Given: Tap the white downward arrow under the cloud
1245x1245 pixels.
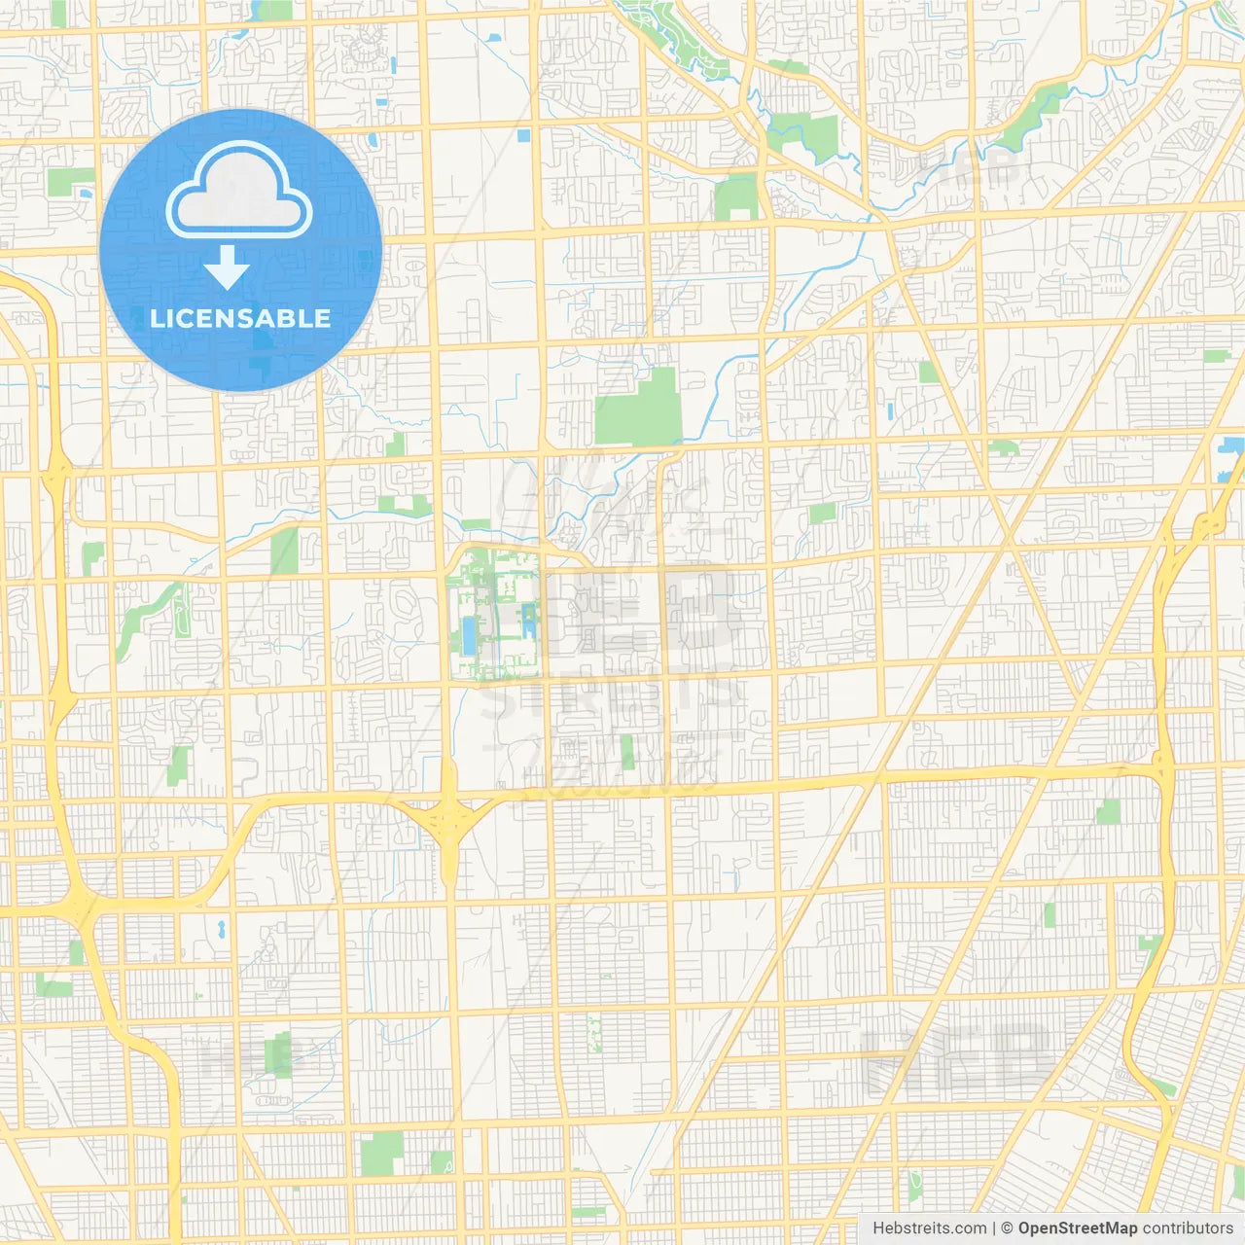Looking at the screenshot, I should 227,267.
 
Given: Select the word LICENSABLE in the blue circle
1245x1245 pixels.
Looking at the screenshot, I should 240,318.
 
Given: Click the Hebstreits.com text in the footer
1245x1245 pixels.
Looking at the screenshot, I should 929,1228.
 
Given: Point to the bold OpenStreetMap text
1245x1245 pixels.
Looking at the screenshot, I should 1077,1228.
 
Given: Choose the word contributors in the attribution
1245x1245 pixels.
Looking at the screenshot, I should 1188,1228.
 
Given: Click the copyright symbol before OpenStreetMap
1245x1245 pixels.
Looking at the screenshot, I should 1007,1228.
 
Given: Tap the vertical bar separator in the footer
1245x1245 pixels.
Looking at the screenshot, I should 993,1228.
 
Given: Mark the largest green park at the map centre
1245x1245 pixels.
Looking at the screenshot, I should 639,409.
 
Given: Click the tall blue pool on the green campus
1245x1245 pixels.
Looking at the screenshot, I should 470,633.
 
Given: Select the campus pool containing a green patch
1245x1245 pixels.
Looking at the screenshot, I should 528,620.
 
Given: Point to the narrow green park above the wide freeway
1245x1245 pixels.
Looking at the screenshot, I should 627,751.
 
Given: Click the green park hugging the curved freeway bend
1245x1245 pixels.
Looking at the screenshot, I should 1152,948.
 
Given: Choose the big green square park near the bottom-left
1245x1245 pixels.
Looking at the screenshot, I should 381,1153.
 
